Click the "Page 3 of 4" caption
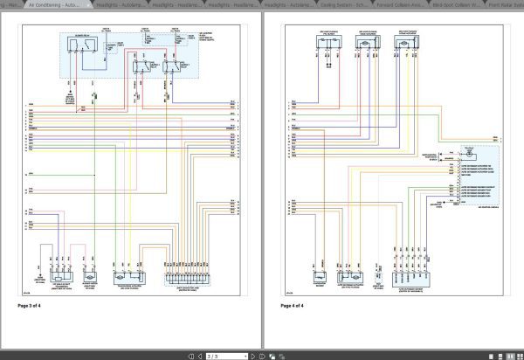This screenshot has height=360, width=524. tap(36, 306)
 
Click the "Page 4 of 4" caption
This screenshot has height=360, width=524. tap(298, 306)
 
